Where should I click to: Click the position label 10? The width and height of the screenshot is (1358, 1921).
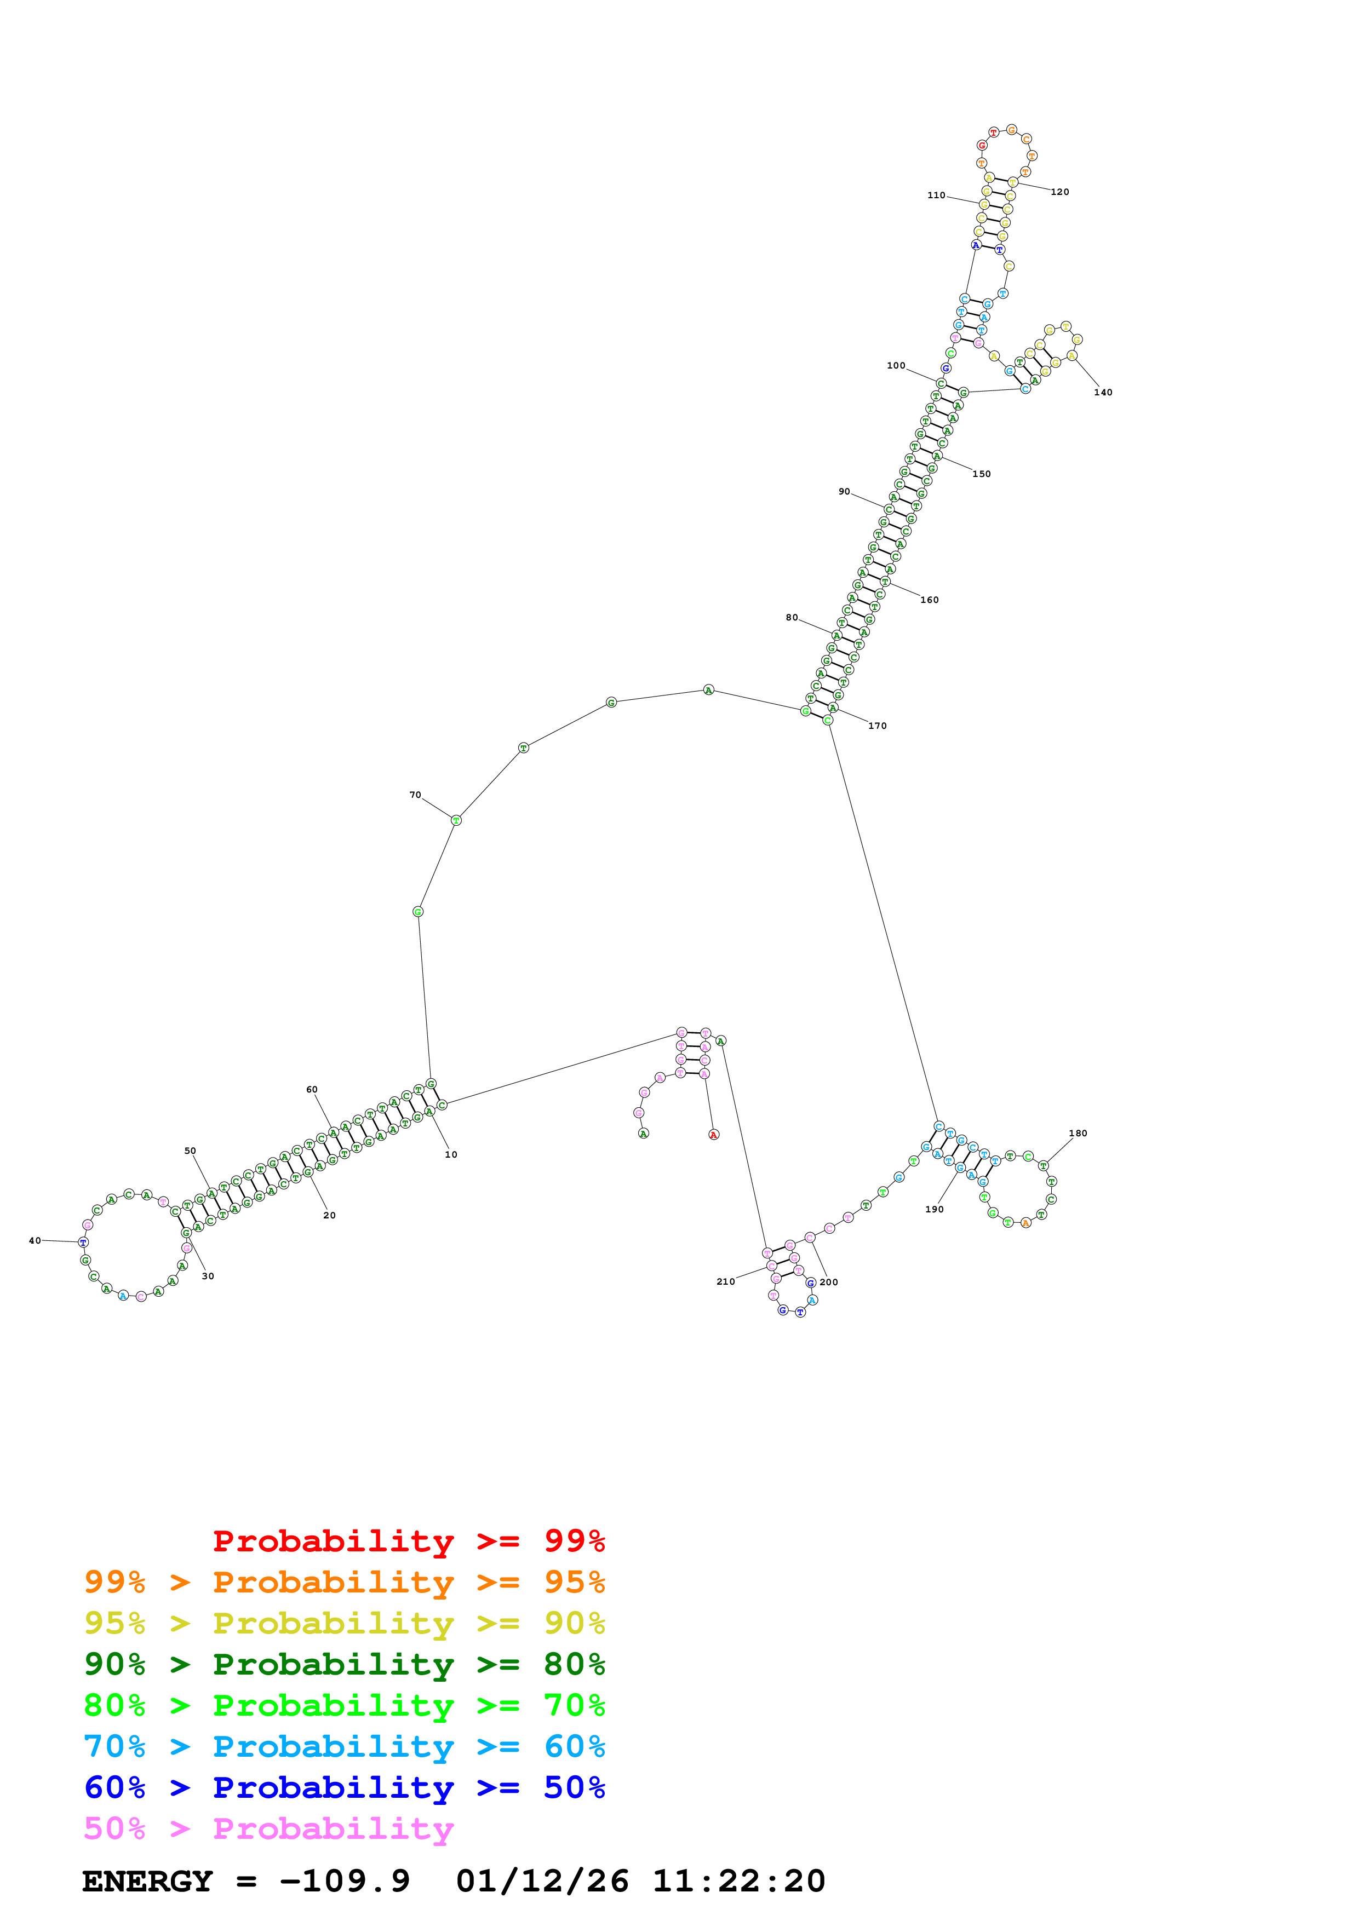point(450,1154)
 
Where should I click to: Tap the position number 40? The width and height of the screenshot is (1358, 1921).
point(35,1241)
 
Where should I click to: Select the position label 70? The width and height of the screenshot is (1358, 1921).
point(415,795)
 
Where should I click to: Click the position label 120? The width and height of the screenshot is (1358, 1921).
point(1059,192)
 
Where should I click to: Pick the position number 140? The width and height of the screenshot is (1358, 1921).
point(1103,393)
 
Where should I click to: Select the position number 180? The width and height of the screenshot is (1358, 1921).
point(1078,1134)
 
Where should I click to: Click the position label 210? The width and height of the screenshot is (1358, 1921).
point(725,1282)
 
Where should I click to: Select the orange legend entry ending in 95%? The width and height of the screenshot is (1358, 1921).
point(345,1582)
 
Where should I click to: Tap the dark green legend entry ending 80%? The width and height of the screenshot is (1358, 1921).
point(345,1664)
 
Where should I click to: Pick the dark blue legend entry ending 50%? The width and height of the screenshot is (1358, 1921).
point(345,1787)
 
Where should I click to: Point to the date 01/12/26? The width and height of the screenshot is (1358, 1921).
point(542,1881)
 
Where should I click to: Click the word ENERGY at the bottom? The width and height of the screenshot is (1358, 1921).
point(147,1881)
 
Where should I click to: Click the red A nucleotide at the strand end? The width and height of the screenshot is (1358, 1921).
point(714,1135)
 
